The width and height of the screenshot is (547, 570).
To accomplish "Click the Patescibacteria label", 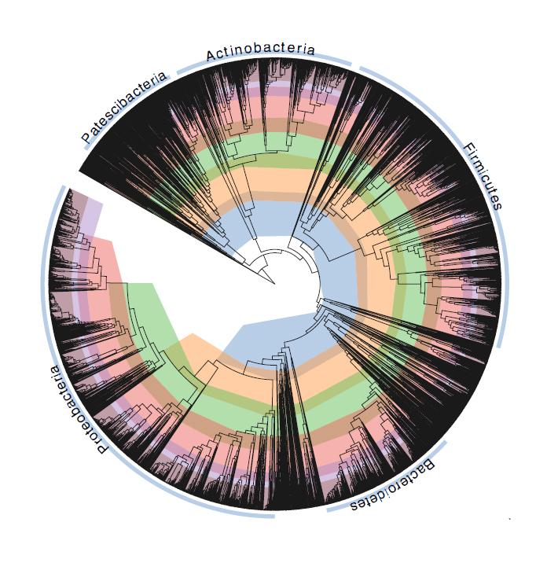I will pos(125,108).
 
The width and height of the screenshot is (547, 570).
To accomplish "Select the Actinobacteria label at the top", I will pos(260,52).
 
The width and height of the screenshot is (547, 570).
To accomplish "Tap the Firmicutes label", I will pos(481,177).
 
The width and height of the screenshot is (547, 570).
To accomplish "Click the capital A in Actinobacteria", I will pos(211,56).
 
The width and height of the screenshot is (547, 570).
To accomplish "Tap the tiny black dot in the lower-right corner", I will pos(510,519).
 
